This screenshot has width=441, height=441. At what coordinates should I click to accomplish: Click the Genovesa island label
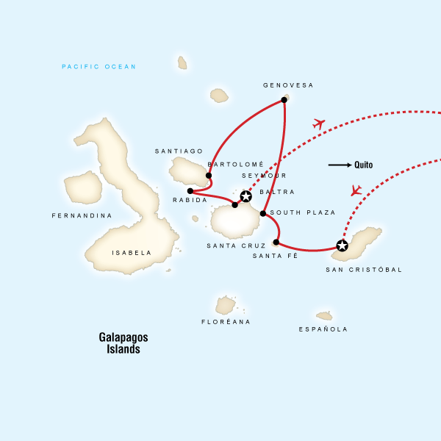(x=288, y=85)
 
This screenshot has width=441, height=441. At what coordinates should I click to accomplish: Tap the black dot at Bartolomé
(x=209, y=176)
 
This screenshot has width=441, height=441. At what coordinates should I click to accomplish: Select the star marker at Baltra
(x=245, y=196)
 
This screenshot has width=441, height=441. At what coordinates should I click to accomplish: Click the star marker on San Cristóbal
(x=341, y=245)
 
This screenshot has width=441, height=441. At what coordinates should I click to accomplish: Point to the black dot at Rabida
(x=190, y=190)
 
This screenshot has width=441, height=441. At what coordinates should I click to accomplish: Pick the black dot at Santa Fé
(x=276, y=242)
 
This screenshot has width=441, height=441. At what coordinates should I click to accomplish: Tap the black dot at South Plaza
(x=262, y=214)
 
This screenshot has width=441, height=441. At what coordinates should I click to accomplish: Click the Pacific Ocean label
(x=99, y=67)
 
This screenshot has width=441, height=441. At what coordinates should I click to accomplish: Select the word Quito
(x=363, y=165)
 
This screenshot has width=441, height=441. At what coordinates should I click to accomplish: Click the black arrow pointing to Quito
(x=339, y=165)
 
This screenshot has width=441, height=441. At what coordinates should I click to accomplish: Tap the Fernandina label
(x=82, y=215)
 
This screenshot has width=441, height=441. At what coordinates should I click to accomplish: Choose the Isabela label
(x=132, y=252)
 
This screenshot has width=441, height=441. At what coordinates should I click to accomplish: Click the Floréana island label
(x=226, y=322)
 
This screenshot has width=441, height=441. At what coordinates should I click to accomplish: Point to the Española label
(x=323, y=329)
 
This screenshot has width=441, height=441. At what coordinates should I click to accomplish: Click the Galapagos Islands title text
(x=123, y=343)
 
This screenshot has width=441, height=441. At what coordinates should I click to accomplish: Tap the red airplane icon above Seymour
(x=318, y=123)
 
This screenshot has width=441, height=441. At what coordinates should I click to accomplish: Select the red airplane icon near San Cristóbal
(x=356, y=190)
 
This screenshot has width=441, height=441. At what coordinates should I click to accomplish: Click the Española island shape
(x=324, y=315)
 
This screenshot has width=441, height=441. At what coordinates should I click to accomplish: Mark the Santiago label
(x=179, y=151)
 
